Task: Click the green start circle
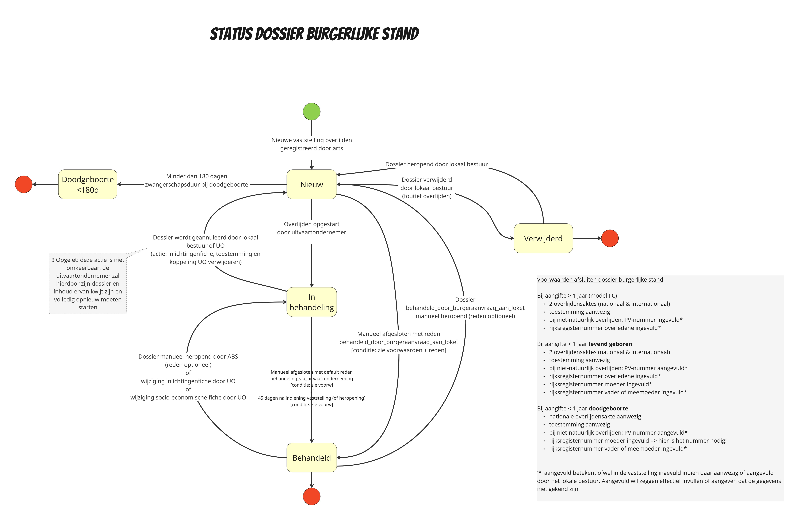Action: pos(311,111)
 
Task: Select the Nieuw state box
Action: pos(311,184)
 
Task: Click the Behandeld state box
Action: pos(311,457)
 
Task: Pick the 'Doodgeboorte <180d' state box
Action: pos(88,184)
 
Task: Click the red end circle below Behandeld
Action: pos(311,496)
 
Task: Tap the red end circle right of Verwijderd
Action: pos(610,238)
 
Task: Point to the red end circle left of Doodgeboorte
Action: pos(24,184)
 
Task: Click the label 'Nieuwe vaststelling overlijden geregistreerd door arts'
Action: pos(311,144)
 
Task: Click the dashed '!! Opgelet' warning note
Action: pos(88,284)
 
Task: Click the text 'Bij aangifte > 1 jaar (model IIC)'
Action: pos(577,296)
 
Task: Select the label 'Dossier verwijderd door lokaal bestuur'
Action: pos(427,188)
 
